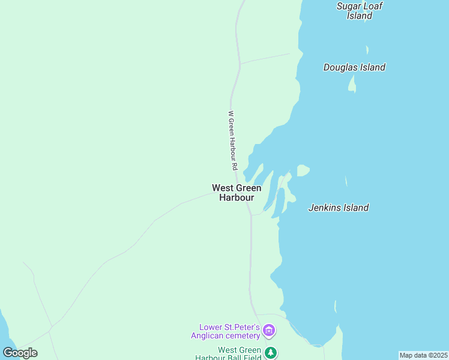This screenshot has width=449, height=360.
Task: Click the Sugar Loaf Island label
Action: tap(360, 11)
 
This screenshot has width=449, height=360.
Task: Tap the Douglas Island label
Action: tap(354, 67)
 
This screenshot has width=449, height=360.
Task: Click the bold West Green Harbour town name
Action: tap(237, 193)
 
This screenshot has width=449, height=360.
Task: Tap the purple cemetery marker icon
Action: tap(269, 331)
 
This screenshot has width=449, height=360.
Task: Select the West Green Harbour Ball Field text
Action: tap(231, 353)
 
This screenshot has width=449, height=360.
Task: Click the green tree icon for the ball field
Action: tap(271, 352)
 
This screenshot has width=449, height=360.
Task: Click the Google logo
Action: tap(20, 352)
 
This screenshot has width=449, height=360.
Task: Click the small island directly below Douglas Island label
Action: tap(352, 85)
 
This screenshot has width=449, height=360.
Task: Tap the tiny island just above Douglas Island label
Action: tap(367, 50)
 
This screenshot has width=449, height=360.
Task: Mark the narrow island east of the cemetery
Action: tap(335, 308)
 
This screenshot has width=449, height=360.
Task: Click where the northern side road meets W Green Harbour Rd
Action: tap(240, 63)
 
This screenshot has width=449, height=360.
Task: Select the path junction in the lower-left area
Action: tap(52, 327)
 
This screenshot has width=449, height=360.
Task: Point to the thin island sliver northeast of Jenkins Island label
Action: tap(346, 181)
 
